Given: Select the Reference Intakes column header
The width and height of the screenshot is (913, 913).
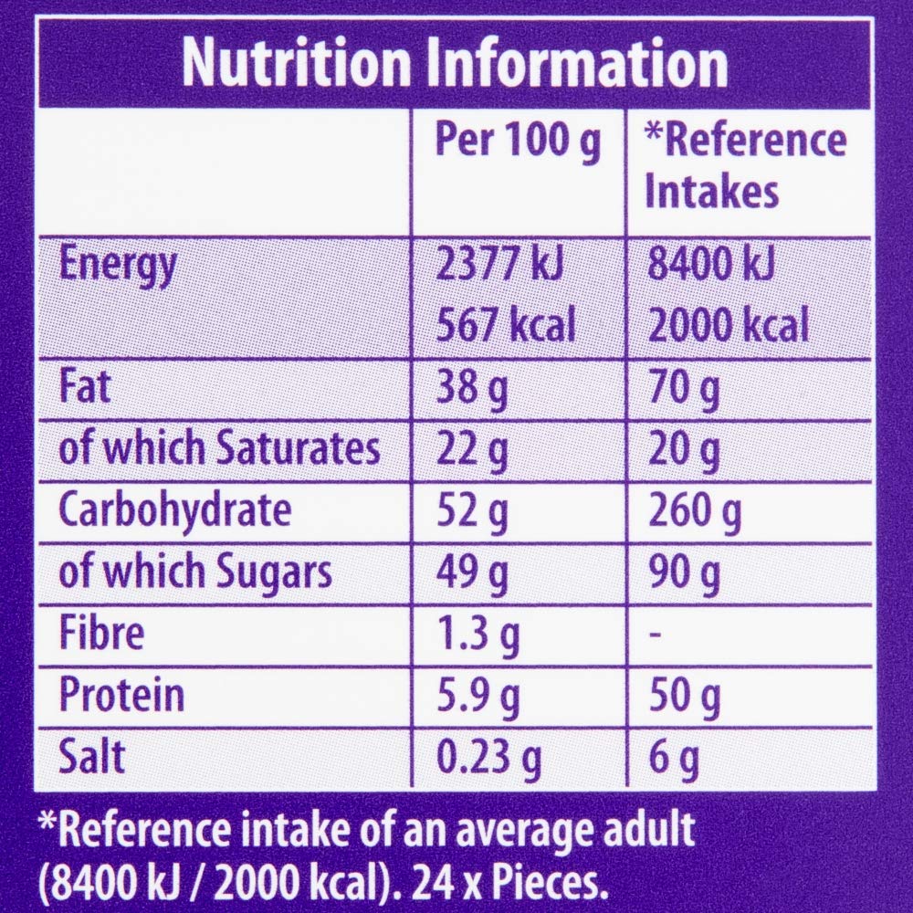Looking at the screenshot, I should click(x=745, y=168).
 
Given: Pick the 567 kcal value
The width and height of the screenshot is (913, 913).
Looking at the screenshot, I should click(x=506, y=324).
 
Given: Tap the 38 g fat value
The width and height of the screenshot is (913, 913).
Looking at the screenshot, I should click(x=472, y=387).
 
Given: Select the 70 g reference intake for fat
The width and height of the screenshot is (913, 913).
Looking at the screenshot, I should click(x=682, y=387).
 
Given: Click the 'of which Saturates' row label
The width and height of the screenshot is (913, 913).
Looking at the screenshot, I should click(x=218, y=449).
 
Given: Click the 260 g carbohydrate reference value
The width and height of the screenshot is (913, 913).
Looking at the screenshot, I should click(x=693, y=511).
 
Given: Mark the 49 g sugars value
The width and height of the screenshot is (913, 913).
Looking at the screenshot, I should click(x=472, y=573).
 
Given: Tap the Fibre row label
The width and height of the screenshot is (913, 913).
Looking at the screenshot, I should click(x=101, y=634).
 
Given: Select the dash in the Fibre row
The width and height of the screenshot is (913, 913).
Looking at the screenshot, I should click(x=654, y=635).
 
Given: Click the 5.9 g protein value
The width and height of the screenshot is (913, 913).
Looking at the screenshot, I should click(x=479, y=696).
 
